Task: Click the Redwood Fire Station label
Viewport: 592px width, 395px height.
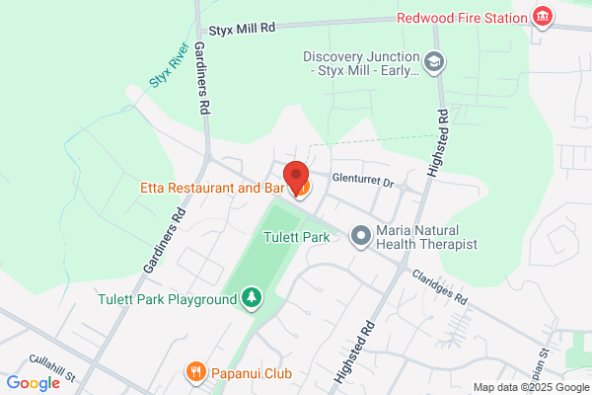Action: tap(462, 18)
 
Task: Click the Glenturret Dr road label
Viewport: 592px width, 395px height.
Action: tap(363, 183)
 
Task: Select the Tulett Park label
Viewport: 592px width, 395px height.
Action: tap(295, 237)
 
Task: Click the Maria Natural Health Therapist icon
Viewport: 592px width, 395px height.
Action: tap(361, 235)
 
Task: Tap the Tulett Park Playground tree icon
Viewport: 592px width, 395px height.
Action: tap(252, 296)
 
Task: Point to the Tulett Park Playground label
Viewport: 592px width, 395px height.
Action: tap(169, 298)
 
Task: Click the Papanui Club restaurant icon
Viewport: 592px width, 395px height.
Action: tap(196, 373)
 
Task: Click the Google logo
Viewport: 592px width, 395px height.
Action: tap(34, 383)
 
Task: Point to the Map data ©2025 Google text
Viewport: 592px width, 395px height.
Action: tap(529, 387)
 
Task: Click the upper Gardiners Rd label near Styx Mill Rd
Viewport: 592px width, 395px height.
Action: tap(203, 77)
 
